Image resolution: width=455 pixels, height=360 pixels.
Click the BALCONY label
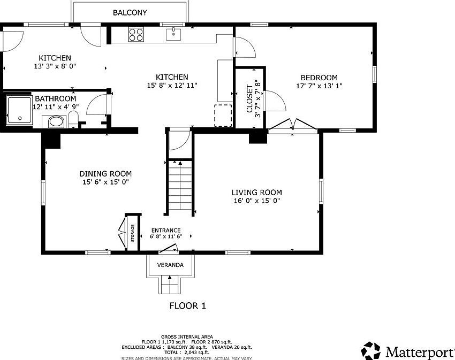point(130,12)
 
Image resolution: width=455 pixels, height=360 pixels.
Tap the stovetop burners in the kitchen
point(136,35)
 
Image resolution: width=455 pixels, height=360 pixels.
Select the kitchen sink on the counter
point(173,35)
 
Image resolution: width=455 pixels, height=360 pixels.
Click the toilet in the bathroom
point(73,120)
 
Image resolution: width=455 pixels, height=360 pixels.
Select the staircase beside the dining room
point(180,187)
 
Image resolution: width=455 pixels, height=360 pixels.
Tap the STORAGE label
point(133,233)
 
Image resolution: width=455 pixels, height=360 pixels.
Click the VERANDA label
point(170,265)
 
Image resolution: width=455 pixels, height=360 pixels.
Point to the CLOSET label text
point(249,98)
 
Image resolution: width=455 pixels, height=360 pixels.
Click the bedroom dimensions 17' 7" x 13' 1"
point(319,86)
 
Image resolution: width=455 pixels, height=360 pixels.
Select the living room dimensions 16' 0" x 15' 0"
point(256,201)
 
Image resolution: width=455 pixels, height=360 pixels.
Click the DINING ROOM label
point(105,174)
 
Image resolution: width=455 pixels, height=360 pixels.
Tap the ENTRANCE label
point(165,231)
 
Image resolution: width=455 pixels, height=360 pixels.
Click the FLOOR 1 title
point(187,306)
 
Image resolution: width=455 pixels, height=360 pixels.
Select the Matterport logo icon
point(370,351)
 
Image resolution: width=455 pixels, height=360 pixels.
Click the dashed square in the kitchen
point(223,115)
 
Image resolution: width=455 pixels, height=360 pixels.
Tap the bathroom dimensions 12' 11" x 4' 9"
point(55,107)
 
